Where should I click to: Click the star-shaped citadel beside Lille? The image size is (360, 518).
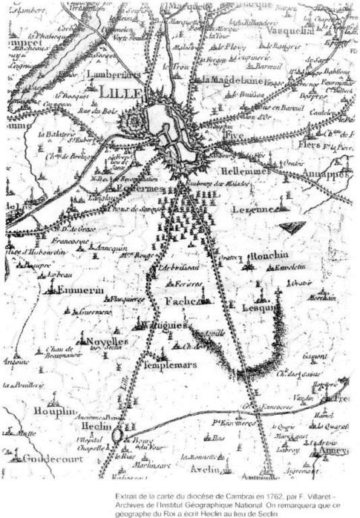click(x=135, y=119)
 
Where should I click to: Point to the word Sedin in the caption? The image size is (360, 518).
click(x=275, y=511)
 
